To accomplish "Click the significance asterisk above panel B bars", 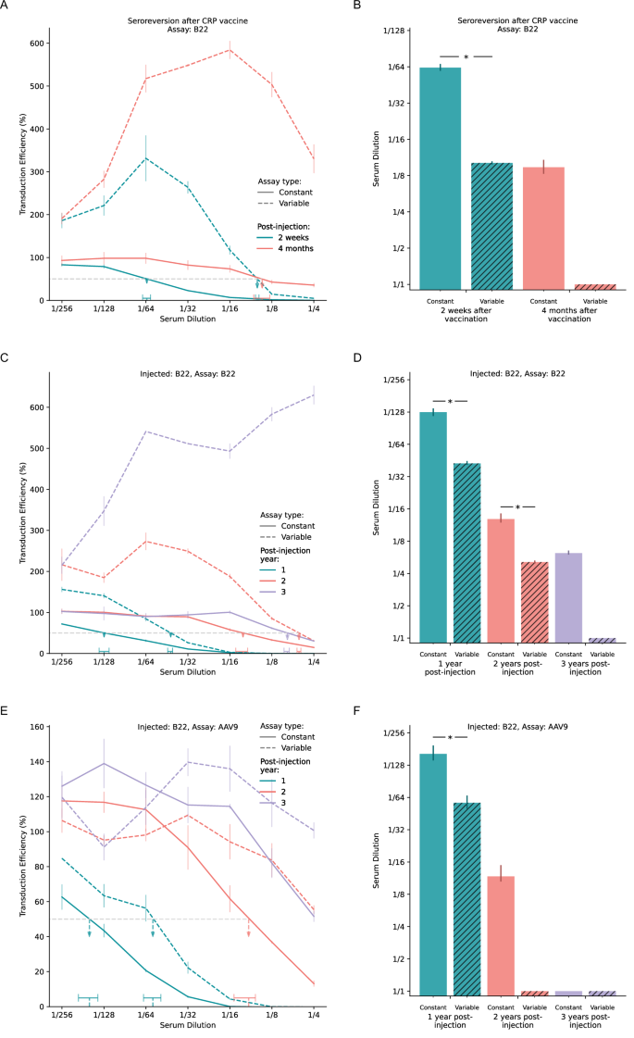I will click(x=466, y=57).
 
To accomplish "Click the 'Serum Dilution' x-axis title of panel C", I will click(x=186, y=675).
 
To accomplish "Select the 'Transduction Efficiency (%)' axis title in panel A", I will click(x=23, y=163).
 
